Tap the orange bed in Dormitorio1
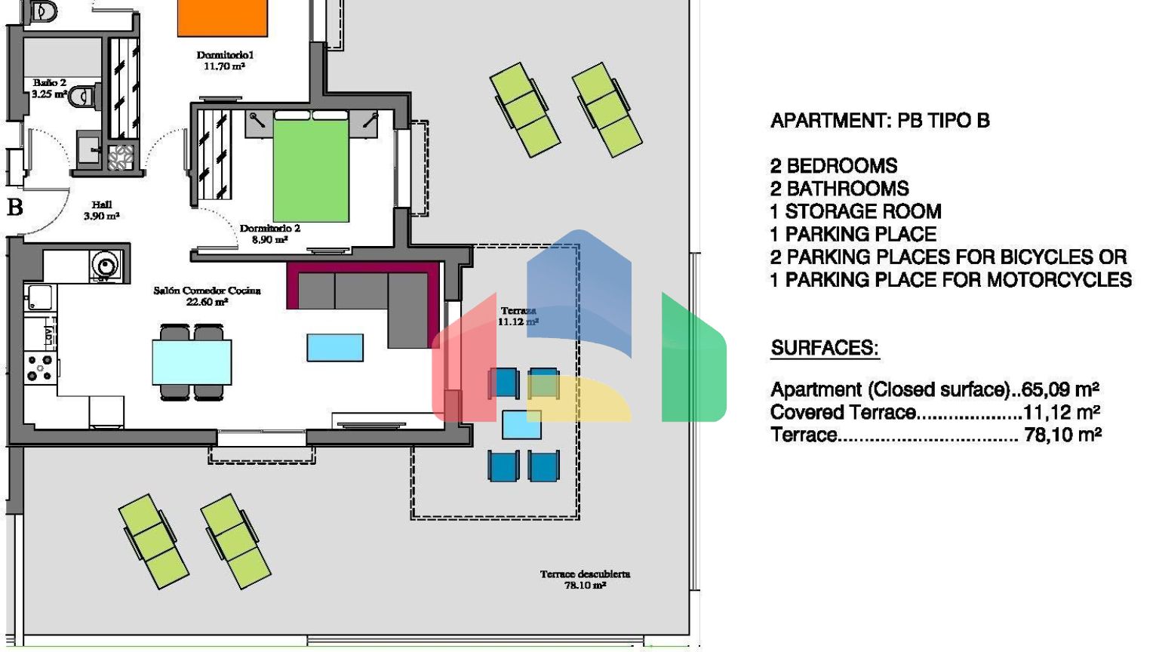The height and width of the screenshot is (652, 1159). pos(223,18)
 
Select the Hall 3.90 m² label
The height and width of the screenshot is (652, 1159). pos(101,211)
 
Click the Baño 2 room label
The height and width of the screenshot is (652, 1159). pos(49,88)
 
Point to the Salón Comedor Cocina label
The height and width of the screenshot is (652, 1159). pos(207,296)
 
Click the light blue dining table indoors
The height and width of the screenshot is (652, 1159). pos(192,362)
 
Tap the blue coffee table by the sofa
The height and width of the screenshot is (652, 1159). pos(335,347)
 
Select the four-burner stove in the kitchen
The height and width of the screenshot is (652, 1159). pos(40,368)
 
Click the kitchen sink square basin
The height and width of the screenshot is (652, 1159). pos(39,297)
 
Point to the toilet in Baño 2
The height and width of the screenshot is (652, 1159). pos(83,97)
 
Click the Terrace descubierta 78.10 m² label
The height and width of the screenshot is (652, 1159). pos(586,580)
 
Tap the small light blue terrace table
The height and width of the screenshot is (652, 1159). pos(521,425)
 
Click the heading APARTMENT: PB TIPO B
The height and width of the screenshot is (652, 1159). pos(880,121)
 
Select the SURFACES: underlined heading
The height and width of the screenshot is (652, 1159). pos(825,348)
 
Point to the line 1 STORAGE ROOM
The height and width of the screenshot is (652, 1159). pos(856,211)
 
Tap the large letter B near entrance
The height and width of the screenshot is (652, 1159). pos(14,207)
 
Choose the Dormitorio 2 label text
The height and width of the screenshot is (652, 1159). pos(269,228)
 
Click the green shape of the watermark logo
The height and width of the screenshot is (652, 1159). pos(693,362)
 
